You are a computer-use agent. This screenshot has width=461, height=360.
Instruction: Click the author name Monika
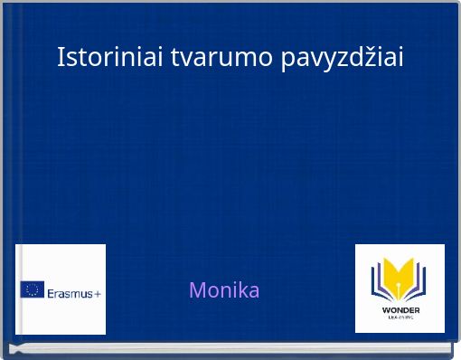[x=224, y=290]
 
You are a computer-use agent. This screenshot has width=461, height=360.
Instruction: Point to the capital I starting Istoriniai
[x=61, y=57]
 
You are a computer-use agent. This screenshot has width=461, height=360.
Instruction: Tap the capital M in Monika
[x=197, y=290]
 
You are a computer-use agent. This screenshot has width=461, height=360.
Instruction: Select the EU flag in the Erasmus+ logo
[x=33, y=289]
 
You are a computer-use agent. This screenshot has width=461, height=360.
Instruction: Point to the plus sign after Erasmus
[x=97, y=291]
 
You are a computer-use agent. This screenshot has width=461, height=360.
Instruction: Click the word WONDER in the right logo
[x=400, y=310]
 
